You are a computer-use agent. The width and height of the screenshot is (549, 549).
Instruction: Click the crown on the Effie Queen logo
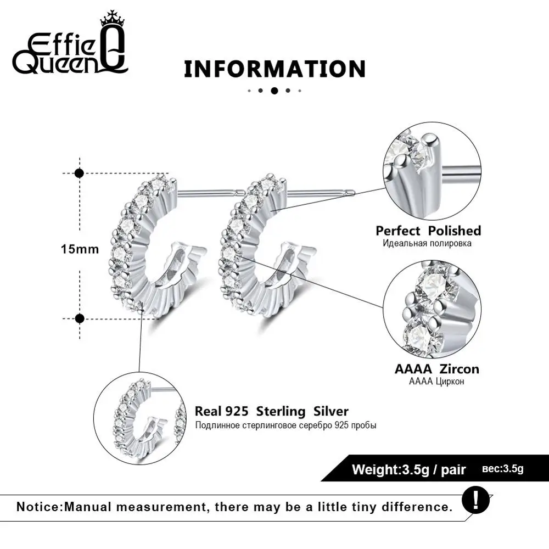(x=113, y=19)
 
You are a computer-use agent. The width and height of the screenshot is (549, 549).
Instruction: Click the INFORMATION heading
(x=275, y=69)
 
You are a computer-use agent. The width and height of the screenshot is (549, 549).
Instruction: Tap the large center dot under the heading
(x=274, y=91)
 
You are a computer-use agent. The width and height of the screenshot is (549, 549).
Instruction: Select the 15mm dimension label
(x=80, y=249)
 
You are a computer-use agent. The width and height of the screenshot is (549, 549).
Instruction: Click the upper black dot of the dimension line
(x=80, y=173)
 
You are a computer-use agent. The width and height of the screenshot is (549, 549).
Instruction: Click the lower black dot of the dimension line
(x=80, y=318)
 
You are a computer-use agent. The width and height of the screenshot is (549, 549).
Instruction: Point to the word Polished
(x=455, y=231)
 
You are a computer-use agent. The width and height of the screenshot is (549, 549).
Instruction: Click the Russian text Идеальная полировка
(x=427, y=243)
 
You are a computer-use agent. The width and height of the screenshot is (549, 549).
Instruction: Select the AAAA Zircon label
(x=436, y=369)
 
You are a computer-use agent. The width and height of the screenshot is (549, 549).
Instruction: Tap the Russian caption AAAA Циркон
(x=436, y=382)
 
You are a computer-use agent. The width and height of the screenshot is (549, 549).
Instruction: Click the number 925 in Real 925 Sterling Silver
(x=237, y=411)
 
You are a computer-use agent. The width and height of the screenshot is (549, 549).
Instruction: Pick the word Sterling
(x=281, y=412)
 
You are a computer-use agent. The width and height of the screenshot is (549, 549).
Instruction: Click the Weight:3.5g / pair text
(x=408, y=469)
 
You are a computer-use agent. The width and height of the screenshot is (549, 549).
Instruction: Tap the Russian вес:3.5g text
(x=502, y=469)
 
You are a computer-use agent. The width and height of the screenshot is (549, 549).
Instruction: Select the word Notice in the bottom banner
(x=39, y=507)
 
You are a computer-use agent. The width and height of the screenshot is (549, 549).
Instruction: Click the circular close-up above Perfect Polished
(x=432, y=171)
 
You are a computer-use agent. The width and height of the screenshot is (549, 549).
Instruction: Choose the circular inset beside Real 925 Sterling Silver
(x=140, y=418)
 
